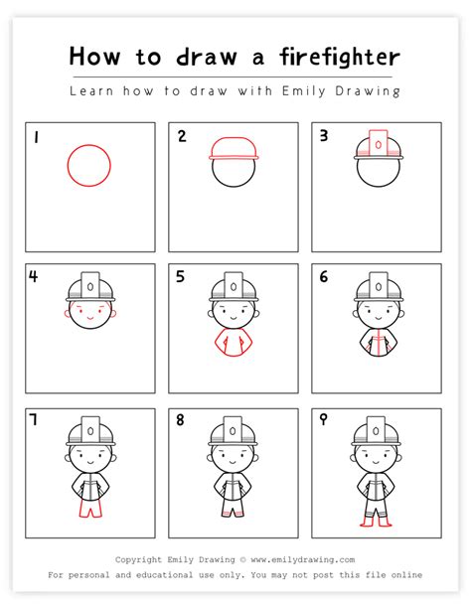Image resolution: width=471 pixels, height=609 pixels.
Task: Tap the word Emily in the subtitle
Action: click(304, 91)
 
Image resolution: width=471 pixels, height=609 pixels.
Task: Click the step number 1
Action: click(36, 137)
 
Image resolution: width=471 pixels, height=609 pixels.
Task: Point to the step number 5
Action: click(180, 276)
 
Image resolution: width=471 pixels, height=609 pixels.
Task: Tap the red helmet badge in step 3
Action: click(379, 144)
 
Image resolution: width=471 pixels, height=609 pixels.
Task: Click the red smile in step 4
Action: click(90, 318)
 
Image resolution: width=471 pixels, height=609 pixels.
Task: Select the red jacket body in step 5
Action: click(234, 342)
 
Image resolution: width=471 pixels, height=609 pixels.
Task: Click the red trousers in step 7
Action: click(91, 509)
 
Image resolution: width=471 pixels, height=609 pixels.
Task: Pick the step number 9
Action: click(323, 419)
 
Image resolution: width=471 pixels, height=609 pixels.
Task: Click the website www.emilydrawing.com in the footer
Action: click(303, 559)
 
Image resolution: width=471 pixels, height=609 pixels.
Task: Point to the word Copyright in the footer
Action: click(138, 559)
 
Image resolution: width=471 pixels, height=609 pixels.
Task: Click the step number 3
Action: click(324, 135)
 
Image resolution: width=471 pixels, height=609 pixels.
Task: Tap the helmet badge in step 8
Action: click(233, 431)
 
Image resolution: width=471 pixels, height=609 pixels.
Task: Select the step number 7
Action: click(34, 419)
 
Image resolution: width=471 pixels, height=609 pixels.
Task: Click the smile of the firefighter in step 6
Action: click(379, 318)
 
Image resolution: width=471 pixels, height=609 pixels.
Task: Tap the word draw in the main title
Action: click(207, 58)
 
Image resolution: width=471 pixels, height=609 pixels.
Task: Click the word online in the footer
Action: click(406, 574)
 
